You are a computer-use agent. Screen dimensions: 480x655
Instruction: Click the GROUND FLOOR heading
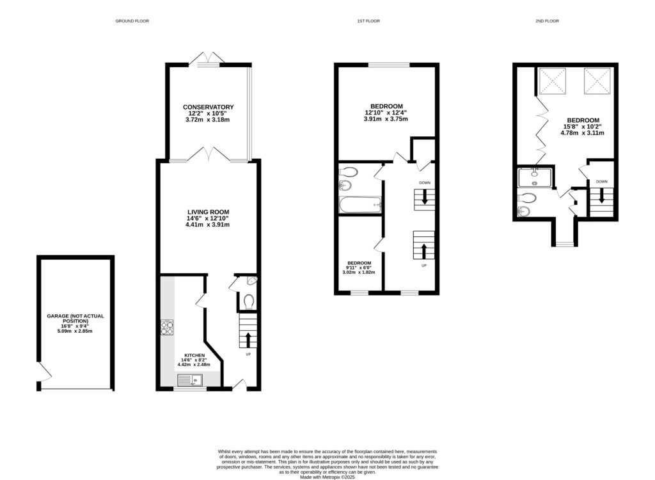[x=132, y=21]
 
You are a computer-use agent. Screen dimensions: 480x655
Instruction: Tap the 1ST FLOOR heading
[x=368, y=21]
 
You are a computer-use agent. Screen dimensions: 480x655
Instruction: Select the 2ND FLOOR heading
[x=547, y=21]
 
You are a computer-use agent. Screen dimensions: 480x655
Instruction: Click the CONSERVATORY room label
[x=208, y=107]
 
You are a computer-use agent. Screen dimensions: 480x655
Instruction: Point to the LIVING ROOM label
[x=208, y=212]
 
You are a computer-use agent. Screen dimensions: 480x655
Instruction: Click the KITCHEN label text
[x=194, y=355]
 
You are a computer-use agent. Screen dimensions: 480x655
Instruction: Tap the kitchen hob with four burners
[x=167, y=327]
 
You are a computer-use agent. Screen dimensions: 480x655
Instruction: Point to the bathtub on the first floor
[x=360, y=205]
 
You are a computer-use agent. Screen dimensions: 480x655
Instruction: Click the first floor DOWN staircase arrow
[x=424, y=198]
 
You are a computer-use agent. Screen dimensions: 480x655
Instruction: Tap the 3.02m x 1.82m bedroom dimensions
[x=359, y=272]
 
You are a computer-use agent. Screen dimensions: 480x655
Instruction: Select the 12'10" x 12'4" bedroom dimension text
[x=386, y=113]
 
